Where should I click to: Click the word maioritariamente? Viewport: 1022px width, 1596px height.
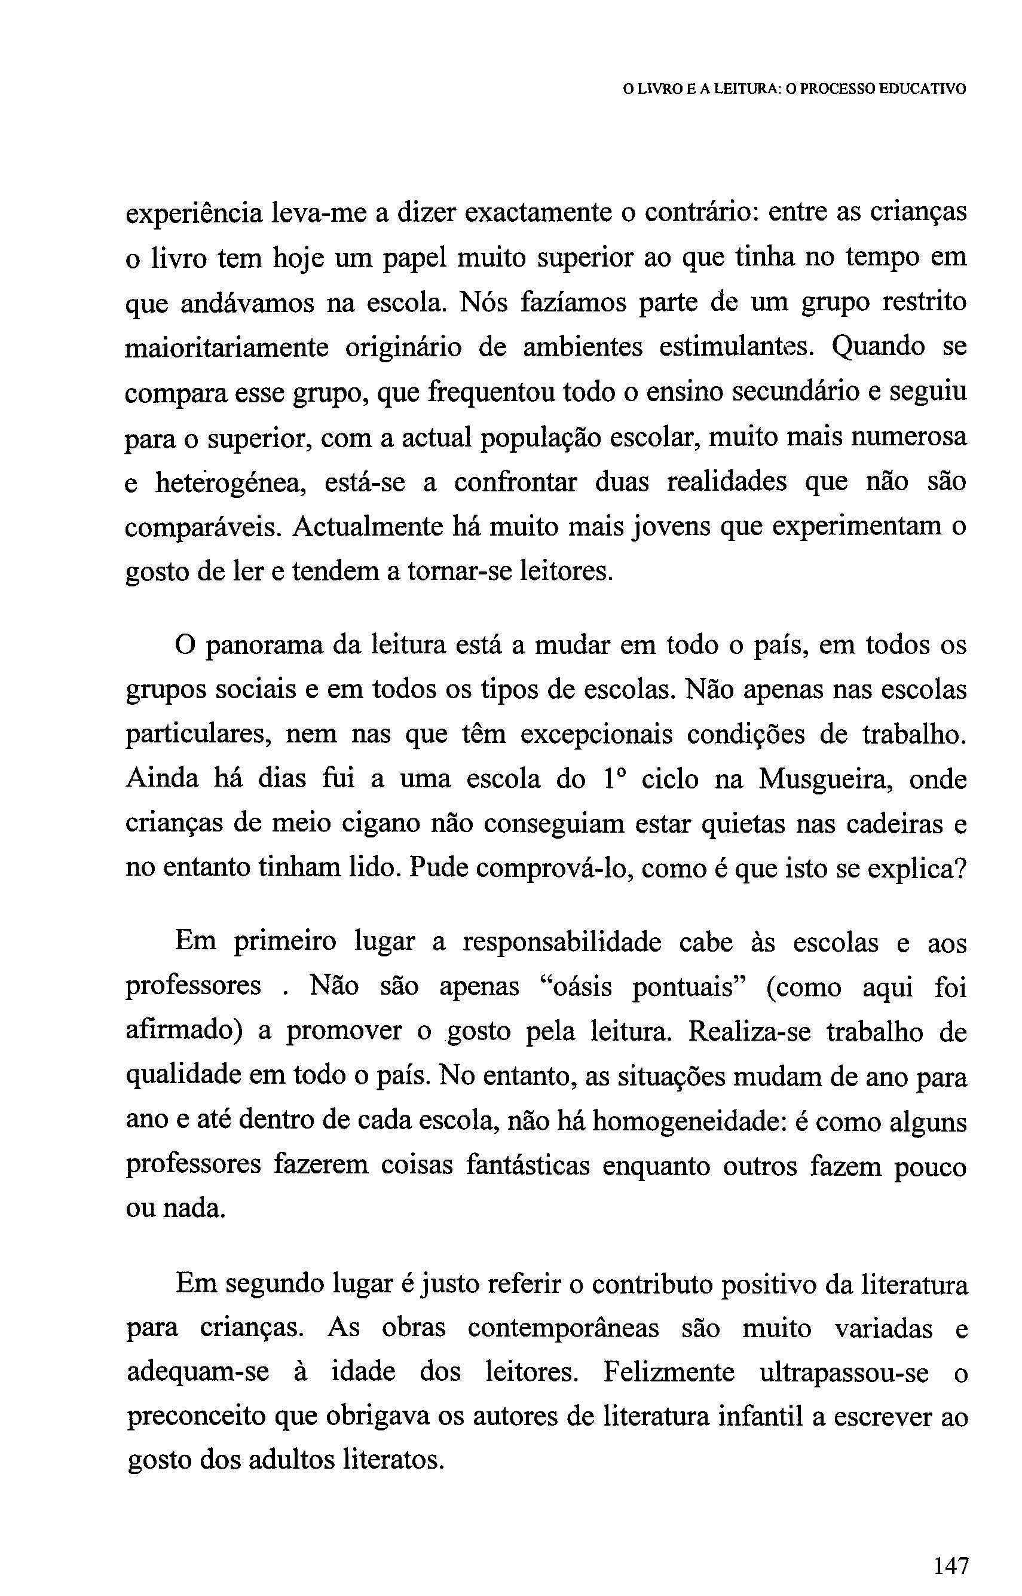pyautogui.click(x=227, y=348)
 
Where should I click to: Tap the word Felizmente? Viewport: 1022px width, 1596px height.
pyautogui.click(x=669, y=1372)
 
